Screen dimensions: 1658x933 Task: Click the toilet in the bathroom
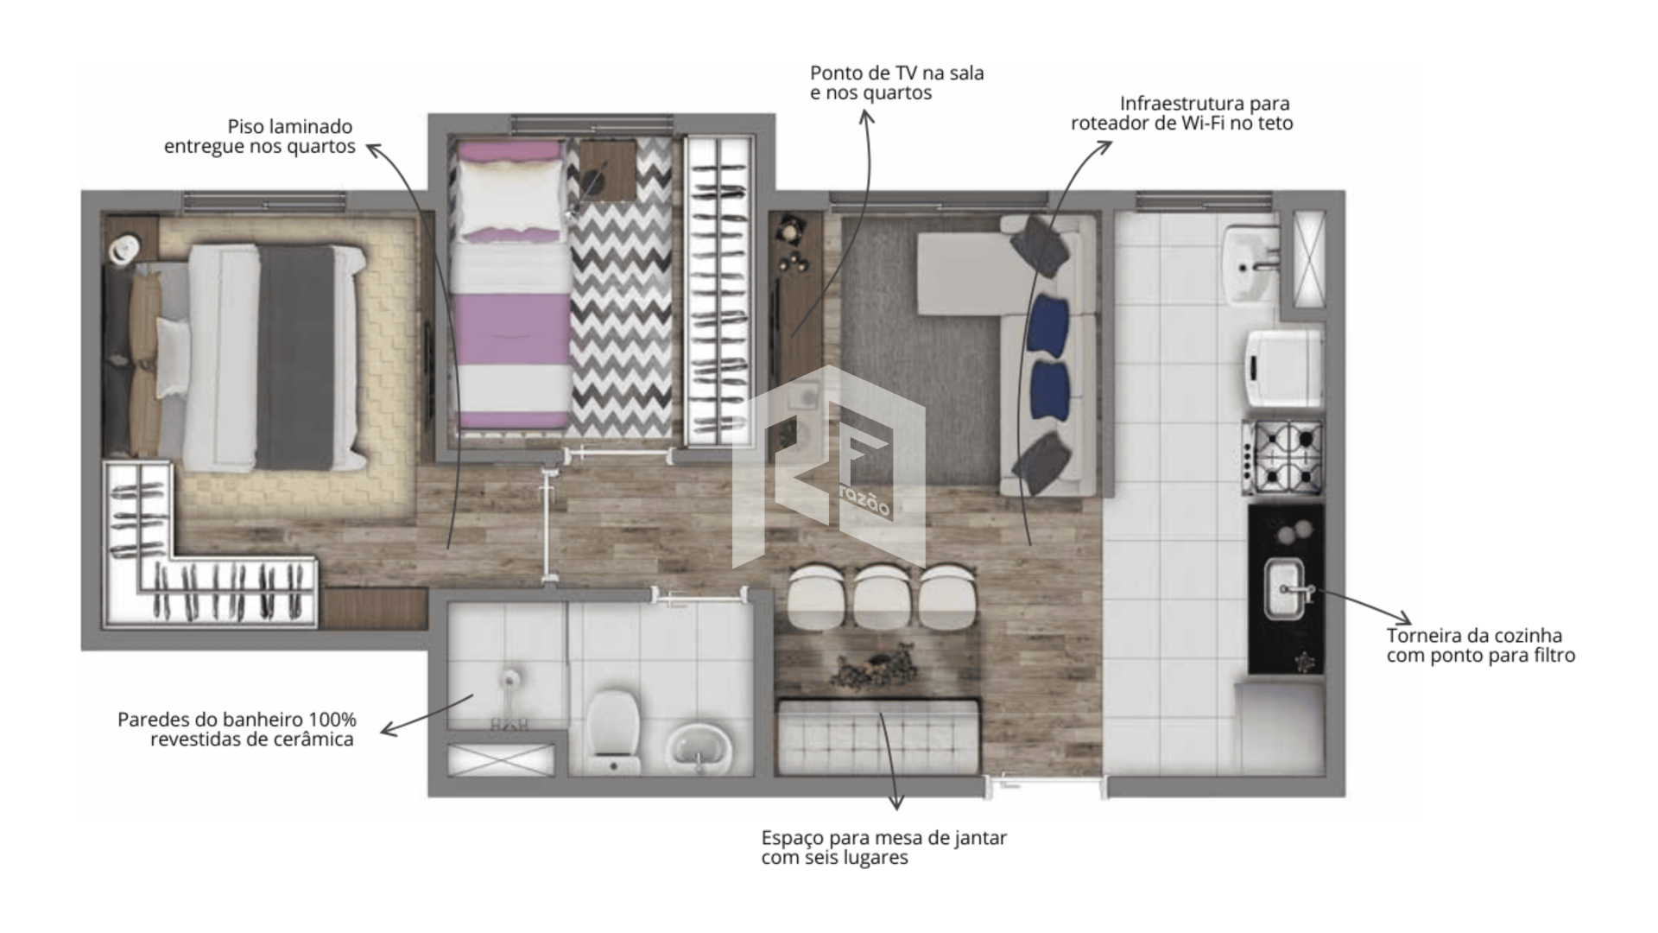[x=612, y=730]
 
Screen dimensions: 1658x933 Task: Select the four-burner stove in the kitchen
[x=1282, y=457]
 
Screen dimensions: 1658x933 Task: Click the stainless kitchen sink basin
[x=1285, y=589]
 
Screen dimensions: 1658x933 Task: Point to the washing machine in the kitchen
[x=1282, y=366]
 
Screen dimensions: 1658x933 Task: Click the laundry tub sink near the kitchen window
[x=1251, y=265]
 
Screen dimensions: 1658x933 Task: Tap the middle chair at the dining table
[x=883, y=596]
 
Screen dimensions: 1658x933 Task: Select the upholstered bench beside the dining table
[x=878, y=737]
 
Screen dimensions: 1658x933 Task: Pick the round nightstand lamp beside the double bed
[x=124, y=248]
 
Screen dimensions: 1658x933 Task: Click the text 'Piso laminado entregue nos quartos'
[x=259, y=136]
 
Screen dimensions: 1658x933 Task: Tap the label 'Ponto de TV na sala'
[x=896, y=73]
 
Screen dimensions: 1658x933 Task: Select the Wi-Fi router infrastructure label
[x=1181, y=113]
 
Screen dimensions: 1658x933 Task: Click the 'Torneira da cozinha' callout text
[x=1474, y=636]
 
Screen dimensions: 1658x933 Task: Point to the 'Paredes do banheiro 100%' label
[x=237, y=720]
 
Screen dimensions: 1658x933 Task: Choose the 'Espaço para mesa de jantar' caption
[x=883, y=838]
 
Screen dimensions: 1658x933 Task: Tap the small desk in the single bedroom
[x=607, y=170]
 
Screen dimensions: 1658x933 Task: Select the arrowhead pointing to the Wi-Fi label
[x=1104, y=147]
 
